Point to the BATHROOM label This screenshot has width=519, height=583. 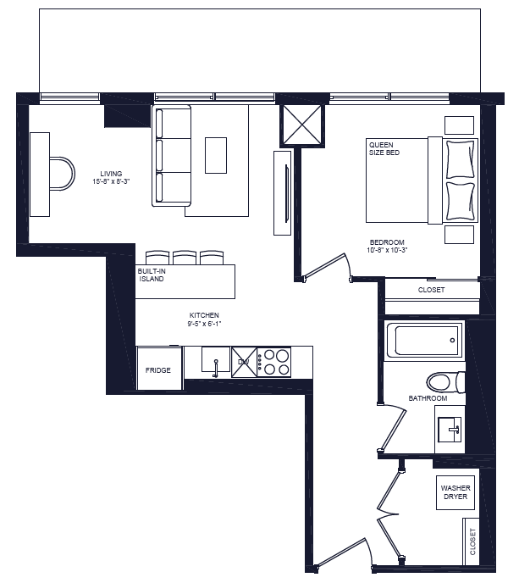click(x=428, y=397)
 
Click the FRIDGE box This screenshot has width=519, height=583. click(x=158, y=369)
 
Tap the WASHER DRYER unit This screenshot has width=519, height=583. click(x=455, y=492)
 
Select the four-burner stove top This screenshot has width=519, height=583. click(x=274, y=362)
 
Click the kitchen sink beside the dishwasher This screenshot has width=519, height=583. click(x=216, y=362)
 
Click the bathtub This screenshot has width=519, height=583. click(x=424, y=341)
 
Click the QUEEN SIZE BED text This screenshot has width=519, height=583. click(x=384, y=148)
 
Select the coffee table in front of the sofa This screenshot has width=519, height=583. click(x=216, y=155)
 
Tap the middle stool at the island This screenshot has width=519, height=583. click(x=185, y=257)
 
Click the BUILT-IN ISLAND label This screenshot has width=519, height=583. click(x=151, y=275)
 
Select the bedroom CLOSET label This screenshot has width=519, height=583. click(x=431, y=290)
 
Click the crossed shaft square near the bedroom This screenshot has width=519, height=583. click(x=301, y=125)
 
